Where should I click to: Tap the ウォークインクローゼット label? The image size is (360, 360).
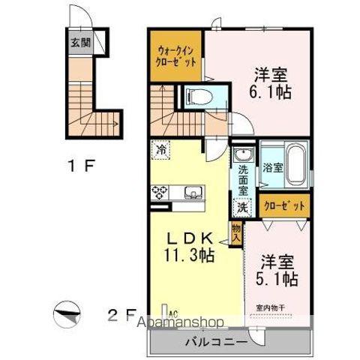(x=175, y=57)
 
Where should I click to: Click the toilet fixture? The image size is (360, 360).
(x=198, y=96)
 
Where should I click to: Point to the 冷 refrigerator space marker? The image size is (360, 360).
(x=161, y=149)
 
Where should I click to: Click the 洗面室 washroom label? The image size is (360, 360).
(x=243, y=180)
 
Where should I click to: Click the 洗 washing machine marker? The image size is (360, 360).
(x=242, y=206)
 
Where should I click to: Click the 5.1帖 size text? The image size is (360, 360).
(x=278, y=279)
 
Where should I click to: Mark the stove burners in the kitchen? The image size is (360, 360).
(x=160, y=191)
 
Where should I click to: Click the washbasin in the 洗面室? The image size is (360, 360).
(x=243, y=155)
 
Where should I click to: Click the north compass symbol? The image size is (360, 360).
(x=65, y=314)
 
